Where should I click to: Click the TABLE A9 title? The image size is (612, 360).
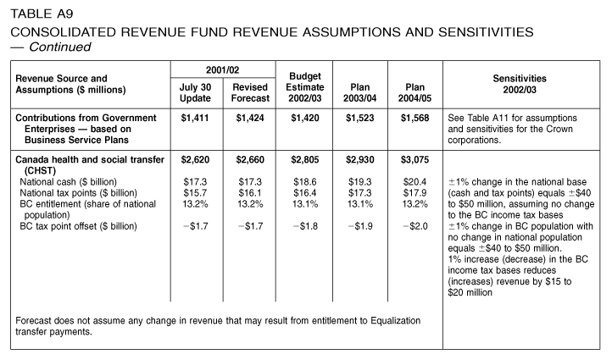[x=42, y=14]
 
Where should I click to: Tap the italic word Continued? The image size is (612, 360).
[x=59, y=47]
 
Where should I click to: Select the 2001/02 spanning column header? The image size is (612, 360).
[x=222, y=69]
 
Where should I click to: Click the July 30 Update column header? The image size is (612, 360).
[x=195, y=92]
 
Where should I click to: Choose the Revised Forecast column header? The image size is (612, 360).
[x=250, y=92]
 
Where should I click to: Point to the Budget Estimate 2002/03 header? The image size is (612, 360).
[x=305, y=87]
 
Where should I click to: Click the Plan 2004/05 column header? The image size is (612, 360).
[x=414, y=92]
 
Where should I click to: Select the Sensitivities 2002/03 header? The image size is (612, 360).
[x=520, y=84]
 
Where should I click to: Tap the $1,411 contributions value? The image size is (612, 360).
[x=195, y=118]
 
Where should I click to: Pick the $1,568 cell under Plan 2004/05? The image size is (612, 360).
[x=414, y=118]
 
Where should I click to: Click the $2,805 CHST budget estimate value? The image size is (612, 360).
[x=305, y=159]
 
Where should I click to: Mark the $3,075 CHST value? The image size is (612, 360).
[x=414, y=159]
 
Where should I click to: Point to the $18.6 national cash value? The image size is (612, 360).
[x=305, y=182]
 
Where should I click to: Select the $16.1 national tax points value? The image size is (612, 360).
[x=250, y=192]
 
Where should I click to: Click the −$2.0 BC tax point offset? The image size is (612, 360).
[x=415, y=226]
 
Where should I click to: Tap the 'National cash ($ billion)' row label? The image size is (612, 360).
[x=69, y=182]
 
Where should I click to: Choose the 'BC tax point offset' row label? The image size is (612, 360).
[x=79, y=226]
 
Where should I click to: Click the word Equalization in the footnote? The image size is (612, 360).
[x=395, y=320]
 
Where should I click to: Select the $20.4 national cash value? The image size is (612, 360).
[x=414, y=182]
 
